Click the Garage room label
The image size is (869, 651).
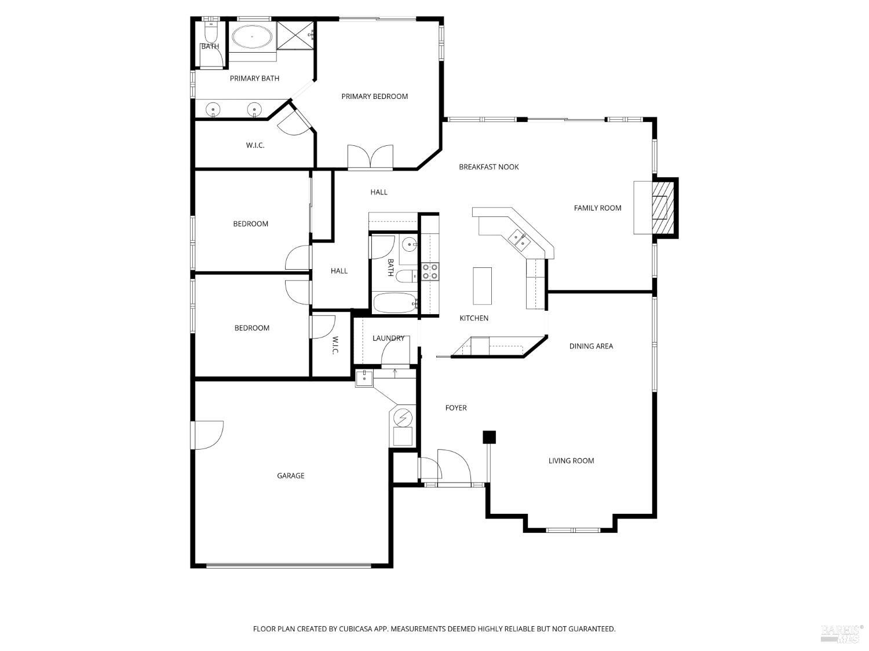coord(290,476)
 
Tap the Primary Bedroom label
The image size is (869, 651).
coord(374,97)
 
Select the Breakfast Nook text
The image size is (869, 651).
coord(488,167)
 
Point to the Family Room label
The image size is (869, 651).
coord(597,208)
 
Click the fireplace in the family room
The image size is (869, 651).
coord(664,208)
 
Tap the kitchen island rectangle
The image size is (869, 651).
coord(482,285)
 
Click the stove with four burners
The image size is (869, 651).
coord(429,271)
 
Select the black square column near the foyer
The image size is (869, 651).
coord(490,437)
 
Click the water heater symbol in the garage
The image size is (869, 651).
coord(403,417)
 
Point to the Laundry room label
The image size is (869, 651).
coord(388,339)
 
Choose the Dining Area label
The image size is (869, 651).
coord(591,347)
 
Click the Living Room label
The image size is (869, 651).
coord(571,461)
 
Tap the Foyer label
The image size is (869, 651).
coord(456,408)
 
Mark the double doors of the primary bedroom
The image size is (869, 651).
coord(371,157)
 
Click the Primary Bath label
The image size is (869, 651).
coord(254,79)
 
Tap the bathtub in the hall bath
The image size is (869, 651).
coord(395,303)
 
